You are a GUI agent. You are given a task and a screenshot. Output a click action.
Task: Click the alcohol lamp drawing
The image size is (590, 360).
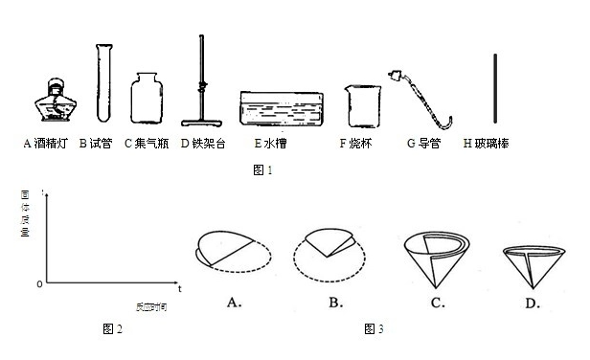tap(52, 101)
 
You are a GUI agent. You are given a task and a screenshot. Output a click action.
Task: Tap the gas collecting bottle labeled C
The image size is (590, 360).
tap(147, 98)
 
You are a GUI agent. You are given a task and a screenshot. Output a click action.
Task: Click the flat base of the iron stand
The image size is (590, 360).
tap(200, 123)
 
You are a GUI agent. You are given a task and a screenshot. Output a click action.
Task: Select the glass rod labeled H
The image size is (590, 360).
tap(496, 89)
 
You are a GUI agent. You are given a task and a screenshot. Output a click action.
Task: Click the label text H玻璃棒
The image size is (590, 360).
tap(488, 144)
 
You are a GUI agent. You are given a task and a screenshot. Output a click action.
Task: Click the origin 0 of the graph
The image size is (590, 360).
tap(39, 284)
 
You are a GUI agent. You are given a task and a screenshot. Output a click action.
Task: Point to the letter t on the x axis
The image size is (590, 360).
tap(179, 286)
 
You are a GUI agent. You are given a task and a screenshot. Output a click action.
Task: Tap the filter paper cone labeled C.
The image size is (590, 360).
tap(429, 257)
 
